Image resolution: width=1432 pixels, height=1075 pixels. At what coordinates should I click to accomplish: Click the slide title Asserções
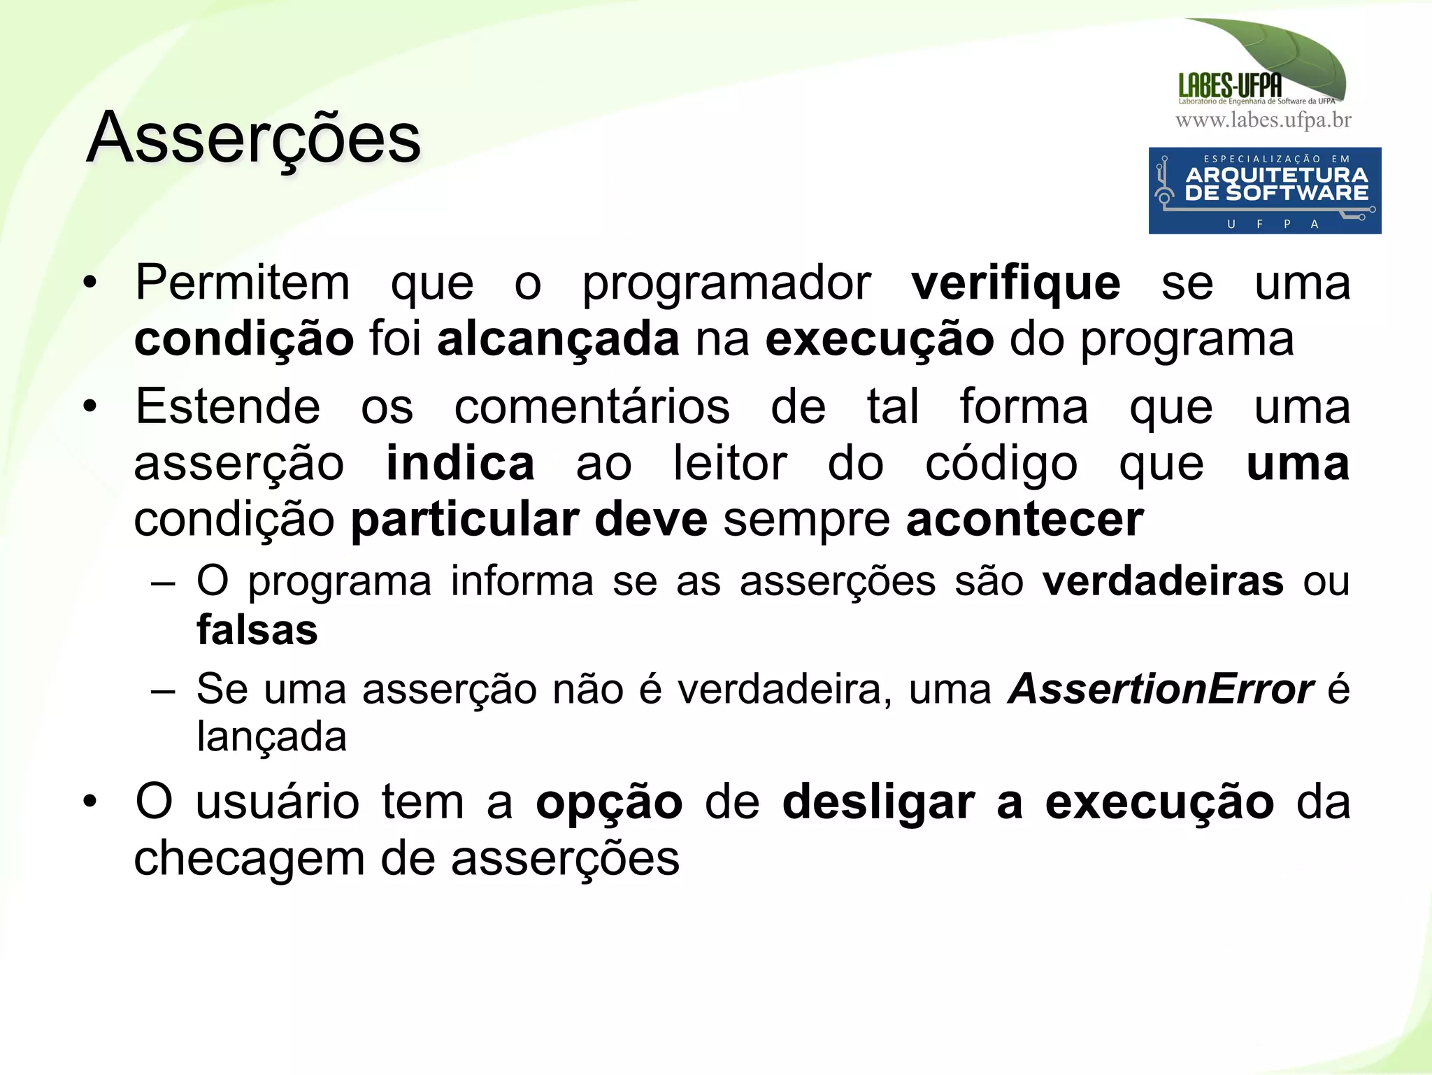[253, 138]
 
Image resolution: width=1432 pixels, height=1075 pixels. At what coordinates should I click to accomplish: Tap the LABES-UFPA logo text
[1230, 85]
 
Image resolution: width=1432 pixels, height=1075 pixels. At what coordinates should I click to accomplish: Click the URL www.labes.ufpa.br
[1263, 120]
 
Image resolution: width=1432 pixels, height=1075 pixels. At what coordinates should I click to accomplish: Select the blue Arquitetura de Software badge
[1264, 190]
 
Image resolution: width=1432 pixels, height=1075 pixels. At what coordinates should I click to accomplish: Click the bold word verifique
[1015, 283]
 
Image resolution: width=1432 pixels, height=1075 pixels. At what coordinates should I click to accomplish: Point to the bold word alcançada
[558, 339]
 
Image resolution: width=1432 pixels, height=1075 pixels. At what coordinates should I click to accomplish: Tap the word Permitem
[242, 283]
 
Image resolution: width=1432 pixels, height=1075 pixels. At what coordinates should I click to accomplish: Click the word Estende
[227, 406]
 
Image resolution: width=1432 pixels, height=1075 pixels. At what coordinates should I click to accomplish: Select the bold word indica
[460, 463]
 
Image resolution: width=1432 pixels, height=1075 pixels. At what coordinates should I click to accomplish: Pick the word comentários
[592, 406]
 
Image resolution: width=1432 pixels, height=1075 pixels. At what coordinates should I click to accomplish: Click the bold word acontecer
[1024, 520]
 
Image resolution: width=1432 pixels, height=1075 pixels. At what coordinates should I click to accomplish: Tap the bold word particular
[464, 520]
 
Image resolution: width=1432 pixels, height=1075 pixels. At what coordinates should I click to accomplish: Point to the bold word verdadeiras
[1163, 581]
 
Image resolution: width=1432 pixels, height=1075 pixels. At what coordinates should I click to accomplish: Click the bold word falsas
[257, 629]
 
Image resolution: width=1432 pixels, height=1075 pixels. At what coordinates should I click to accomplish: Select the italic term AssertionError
[1161, 689]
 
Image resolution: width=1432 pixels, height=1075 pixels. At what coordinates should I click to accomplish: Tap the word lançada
[271, 736]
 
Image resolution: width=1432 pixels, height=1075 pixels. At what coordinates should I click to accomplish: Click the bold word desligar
[878, 802]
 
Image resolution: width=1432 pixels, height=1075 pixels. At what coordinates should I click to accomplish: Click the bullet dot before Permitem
[89, 283]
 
